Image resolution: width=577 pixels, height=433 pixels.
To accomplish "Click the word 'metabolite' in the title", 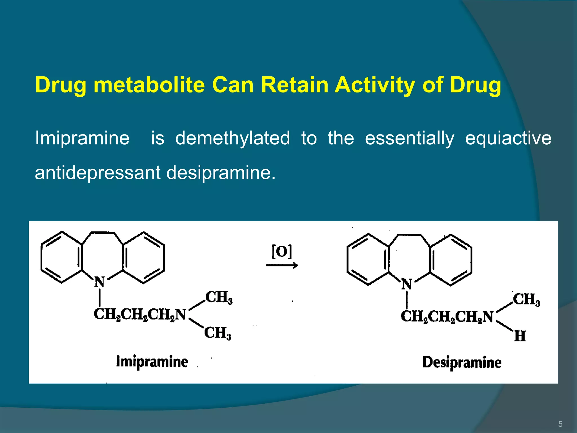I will coord(149,85).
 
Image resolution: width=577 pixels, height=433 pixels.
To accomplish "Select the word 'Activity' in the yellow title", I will coord(375,85).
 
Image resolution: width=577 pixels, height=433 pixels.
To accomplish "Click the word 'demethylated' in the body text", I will coord(232,138).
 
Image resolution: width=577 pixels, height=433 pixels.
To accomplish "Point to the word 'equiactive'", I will coord(508,138).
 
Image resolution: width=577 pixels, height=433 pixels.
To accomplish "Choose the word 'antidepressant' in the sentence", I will coord(97,173).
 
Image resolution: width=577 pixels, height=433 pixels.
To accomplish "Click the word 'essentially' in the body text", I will coord(409,138).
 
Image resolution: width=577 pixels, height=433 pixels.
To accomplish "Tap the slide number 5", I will coord(560,424).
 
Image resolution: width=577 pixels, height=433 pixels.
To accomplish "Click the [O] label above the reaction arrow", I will coord(281,251).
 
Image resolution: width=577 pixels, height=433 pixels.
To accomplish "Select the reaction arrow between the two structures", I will coord(282,265).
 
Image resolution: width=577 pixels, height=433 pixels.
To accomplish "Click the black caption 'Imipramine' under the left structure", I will coord(152,362).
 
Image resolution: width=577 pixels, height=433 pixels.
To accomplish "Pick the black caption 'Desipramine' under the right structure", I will coord(462,363).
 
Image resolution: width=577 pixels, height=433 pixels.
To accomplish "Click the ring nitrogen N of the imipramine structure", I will coord(99,282).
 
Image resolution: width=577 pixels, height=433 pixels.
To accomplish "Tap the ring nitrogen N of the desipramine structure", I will coord(407,284).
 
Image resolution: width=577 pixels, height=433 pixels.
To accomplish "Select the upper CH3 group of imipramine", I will coord(219,297).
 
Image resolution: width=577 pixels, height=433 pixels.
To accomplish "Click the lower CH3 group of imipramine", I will coord(218,333).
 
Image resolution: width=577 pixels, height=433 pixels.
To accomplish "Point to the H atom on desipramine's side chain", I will coord(520,336).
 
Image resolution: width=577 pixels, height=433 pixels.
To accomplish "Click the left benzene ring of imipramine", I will coord(62,257).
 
